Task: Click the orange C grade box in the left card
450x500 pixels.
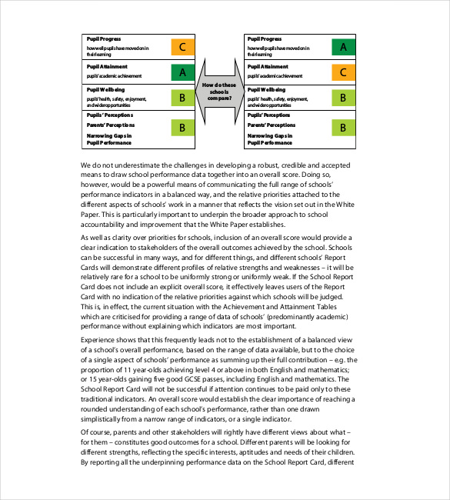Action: click(182, 48)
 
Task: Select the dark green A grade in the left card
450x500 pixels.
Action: click(182, 73)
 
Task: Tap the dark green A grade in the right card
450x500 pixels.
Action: click(342, 48)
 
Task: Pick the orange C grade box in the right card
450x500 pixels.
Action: click(342, 73)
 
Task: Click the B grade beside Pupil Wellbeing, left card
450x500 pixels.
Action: click(182, 98)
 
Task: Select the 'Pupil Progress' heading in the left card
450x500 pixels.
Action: click(103, 39)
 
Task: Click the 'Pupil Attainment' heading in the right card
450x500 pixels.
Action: click(267, 68)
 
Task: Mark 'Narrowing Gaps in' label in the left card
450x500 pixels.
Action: click(109, 135)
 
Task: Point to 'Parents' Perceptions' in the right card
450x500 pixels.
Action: click(272, 125)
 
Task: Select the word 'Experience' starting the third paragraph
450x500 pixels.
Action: click(100, 338)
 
